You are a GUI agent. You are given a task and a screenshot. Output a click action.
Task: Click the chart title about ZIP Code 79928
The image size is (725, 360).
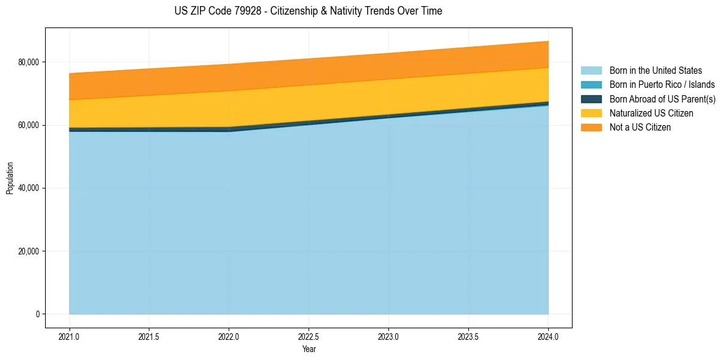pos(309,11)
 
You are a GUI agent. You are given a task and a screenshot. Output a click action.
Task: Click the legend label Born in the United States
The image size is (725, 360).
pos(655,71)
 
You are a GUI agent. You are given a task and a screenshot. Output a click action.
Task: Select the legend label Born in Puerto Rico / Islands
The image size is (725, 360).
pos(662,85)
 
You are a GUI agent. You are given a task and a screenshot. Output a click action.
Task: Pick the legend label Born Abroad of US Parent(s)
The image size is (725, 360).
pos(662,99)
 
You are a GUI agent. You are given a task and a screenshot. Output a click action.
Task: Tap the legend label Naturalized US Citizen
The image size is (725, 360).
pos(651,113)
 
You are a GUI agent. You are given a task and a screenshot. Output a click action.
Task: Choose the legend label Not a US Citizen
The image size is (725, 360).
pos(640,128)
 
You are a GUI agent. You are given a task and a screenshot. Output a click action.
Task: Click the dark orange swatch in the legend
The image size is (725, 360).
pos(591,128)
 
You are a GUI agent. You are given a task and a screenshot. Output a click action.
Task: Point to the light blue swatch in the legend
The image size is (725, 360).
pos(591,71)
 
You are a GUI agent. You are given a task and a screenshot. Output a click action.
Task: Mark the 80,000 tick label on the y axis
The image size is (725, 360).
pos(28,62)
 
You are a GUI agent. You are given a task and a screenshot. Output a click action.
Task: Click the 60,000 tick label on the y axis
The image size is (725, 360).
pos(28,125)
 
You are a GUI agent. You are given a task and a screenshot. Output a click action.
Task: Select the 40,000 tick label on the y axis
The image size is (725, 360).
pos(28,188)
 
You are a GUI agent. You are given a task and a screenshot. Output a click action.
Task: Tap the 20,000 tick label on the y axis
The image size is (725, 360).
pos(28,251)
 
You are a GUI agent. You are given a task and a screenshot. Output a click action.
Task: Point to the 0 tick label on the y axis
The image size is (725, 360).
pos(37,314)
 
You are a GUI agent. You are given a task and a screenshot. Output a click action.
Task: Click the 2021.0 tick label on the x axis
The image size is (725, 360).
pos(70,336)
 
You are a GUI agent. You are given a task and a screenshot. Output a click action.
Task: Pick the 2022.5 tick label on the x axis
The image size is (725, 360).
pos(309,336)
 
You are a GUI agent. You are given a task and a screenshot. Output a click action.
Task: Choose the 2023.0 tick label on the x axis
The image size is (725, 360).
pos(388,336)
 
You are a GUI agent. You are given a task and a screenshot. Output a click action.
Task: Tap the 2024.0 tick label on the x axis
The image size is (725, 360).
pos(548,336)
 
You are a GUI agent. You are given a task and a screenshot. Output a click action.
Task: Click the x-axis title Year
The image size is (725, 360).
pos(309,349)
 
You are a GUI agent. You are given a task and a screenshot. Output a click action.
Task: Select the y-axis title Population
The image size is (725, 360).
pos(10,178)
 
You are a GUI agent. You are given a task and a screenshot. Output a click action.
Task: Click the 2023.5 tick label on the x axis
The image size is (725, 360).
pos(468,336)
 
